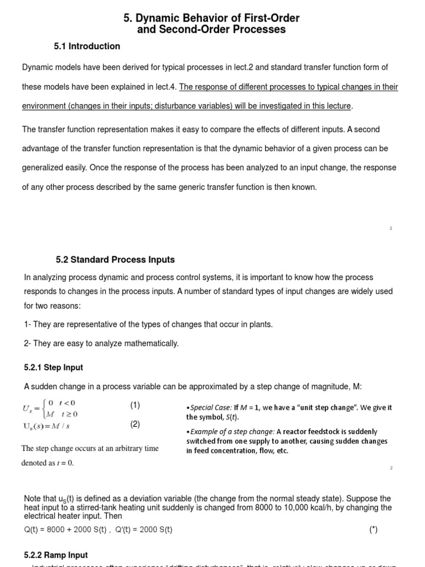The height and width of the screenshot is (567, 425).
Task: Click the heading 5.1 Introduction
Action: (87, 47)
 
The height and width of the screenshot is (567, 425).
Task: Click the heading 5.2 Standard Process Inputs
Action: (115, 260)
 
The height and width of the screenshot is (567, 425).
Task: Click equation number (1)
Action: (135, 405)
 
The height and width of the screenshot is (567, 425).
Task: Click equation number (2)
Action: (135, 425)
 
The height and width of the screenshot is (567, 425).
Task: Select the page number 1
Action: (391, 228)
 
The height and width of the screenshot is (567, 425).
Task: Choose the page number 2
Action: (391, 468)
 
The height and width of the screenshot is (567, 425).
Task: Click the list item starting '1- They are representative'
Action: (148, 324)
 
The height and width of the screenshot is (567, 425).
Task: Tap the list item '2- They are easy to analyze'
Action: (101, 343)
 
